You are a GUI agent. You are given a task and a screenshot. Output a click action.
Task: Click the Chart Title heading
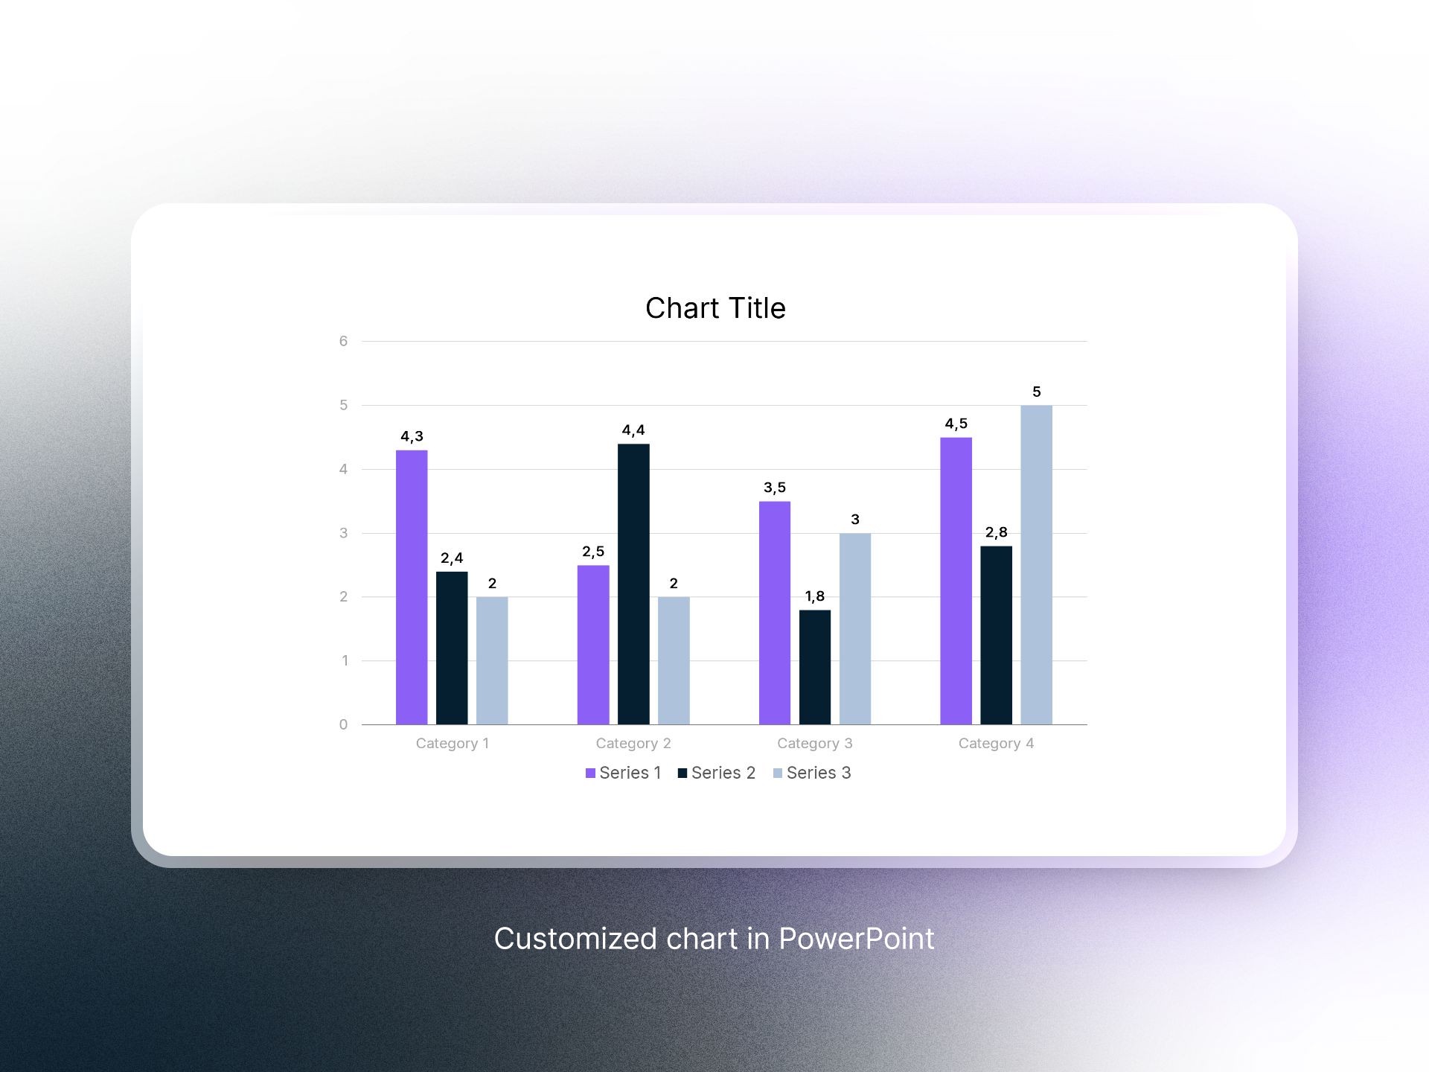click(715, 308)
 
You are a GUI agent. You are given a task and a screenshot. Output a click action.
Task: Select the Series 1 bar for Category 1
click(412, 587)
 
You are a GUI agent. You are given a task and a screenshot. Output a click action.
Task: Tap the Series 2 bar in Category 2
click(633, 584)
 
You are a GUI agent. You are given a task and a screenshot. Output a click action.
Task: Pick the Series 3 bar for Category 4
click(1036, 565)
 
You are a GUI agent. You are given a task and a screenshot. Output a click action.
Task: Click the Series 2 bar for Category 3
click(815, 667)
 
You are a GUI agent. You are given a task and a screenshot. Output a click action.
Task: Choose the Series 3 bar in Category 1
click(492, 660)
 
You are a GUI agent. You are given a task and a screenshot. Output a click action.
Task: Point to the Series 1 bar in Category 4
click(956, 581)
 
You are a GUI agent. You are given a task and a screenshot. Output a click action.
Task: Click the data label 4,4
click(633, 430)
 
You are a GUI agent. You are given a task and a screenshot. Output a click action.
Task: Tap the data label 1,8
click(815, 596)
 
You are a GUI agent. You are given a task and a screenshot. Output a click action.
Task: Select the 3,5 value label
click(775, 488)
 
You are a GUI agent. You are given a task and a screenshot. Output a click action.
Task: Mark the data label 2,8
click(996, 532)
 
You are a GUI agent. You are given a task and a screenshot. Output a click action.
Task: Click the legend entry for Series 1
click(624, 773)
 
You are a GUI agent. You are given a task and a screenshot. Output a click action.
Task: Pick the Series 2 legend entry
click(717, 773)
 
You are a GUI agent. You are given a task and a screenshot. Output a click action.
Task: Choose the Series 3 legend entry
click(812, 773)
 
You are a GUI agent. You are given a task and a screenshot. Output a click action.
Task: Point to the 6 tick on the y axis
click(343, 341)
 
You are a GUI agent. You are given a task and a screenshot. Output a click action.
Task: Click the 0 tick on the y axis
click(343, 724)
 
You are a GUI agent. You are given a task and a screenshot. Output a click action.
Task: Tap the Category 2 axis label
click(633, 743)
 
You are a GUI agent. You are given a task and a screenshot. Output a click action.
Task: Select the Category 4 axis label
click(996, 743)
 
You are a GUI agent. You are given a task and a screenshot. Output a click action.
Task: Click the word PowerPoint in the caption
click(856, 939)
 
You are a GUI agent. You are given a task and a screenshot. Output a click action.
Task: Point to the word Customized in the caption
click(575, 939)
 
